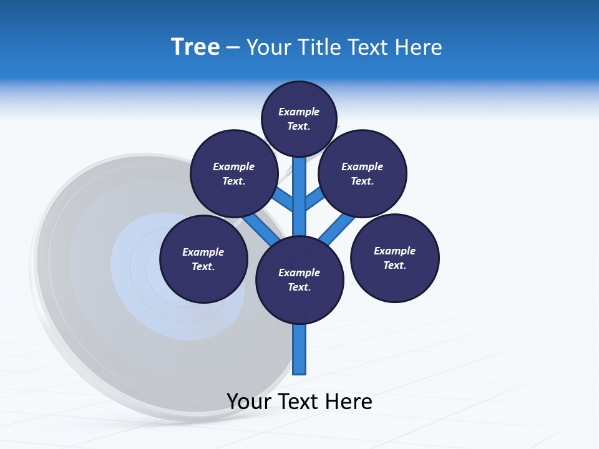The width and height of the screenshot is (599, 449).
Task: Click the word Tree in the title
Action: click(x=195, y=47)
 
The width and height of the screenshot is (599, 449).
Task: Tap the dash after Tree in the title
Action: click(x=233, y=48)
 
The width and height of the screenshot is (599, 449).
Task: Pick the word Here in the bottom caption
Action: click(x=350, y=402)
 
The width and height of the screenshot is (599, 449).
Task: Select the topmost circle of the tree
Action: click(x=299, y=118)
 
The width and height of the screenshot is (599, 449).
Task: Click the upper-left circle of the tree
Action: click(x=233, y=173)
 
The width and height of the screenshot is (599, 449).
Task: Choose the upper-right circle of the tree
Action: click(x=363, y=173)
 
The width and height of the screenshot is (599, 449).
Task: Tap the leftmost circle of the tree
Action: click(x=203, y=259)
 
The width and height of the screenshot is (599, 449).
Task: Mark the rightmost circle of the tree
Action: click(x=394, y=258)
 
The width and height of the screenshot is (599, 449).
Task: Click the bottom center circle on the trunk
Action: click(x=299, y=280)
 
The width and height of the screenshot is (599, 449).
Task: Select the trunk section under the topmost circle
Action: click(x=299, y=187)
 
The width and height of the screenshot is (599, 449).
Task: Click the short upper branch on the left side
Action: click(x=283, y=199)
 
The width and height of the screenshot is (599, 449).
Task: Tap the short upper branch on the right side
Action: click(x=315, y=199)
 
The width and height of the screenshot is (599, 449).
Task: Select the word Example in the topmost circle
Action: click(x=299, y=112)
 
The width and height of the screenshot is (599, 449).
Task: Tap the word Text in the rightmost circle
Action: click(x=394, y=265)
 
